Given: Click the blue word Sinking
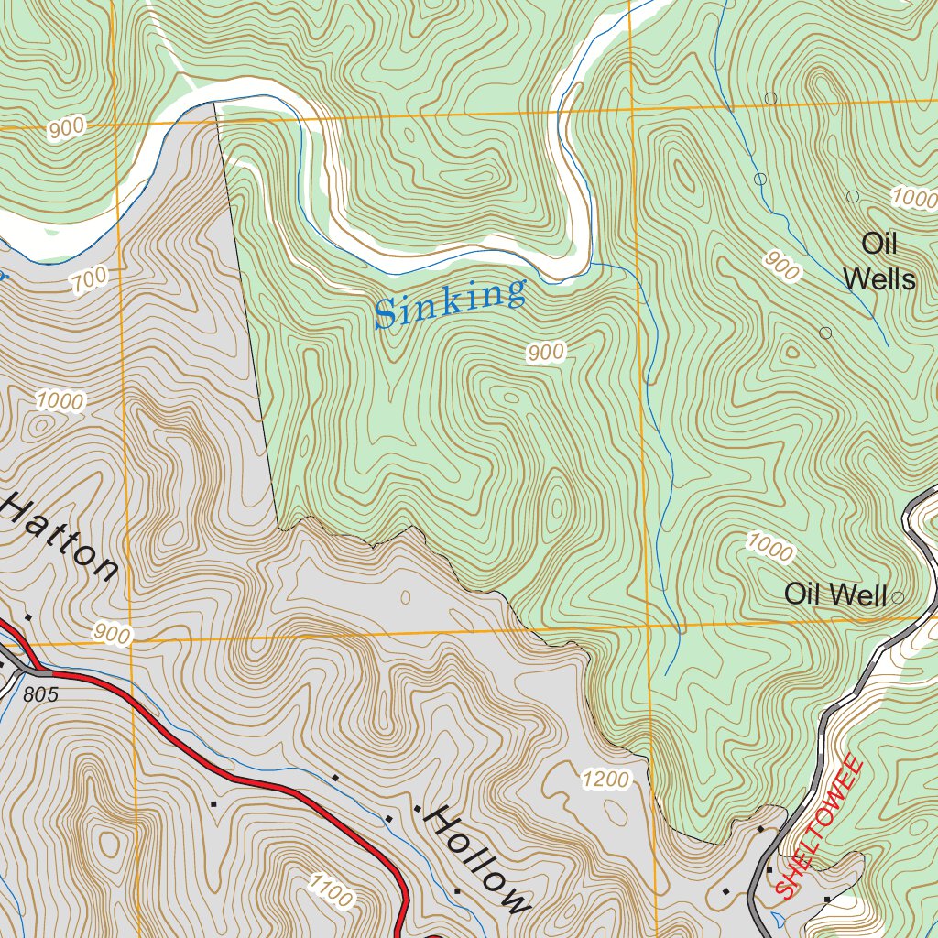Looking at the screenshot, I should (x=451, y=304).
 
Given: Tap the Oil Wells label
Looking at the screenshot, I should (x=879, y=261).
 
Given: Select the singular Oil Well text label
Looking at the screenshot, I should (x=834, y=594).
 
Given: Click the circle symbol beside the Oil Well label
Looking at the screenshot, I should (x=898, y=597).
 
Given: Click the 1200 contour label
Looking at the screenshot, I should (x=605, y=780).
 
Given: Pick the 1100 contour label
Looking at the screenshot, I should (x=330, y=889).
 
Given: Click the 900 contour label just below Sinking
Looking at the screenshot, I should (x=546, y=352).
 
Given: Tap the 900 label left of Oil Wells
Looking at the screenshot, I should (x=781, y=266).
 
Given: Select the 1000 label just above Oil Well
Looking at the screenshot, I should (x=769, y=548).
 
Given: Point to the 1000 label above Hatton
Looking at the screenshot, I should (x=60, y=400).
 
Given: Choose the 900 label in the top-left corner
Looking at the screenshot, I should (x=66, y=129).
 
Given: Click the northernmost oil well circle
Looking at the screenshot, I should (x=770, y=98).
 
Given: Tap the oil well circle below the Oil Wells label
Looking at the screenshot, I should (x=825, y=333).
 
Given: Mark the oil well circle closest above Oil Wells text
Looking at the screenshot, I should (x=853, y=196).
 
